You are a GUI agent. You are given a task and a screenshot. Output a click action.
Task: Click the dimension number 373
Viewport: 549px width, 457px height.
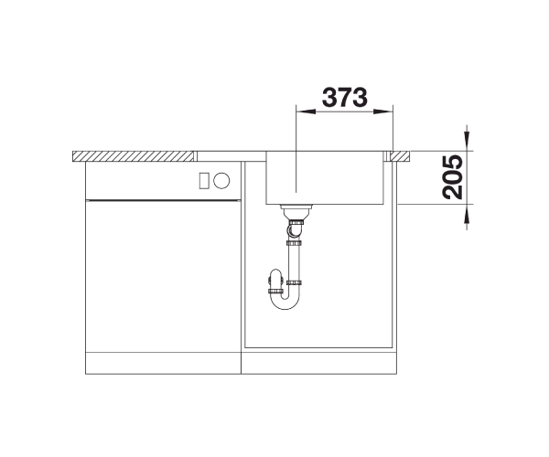345,97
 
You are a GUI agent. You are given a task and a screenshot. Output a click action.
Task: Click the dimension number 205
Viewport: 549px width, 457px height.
452,177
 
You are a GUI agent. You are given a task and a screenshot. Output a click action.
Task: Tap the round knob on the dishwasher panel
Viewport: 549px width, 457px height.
221,180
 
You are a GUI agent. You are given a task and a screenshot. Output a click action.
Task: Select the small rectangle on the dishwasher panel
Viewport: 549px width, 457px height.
204,181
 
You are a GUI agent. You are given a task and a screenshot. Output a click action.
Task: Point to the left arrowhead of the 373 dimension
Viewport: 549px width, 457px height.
306,112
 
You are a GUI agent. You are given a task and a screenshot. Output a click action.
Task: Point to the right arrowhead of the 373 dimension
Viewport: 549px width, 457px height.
383,112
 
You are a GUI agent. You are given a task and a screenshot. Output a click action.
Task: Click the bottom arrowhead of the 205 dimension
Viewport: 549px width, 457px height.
467,214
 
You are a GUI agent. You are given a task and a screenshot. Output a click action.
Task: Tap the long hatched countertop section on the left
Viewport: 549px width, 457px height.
133,156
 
